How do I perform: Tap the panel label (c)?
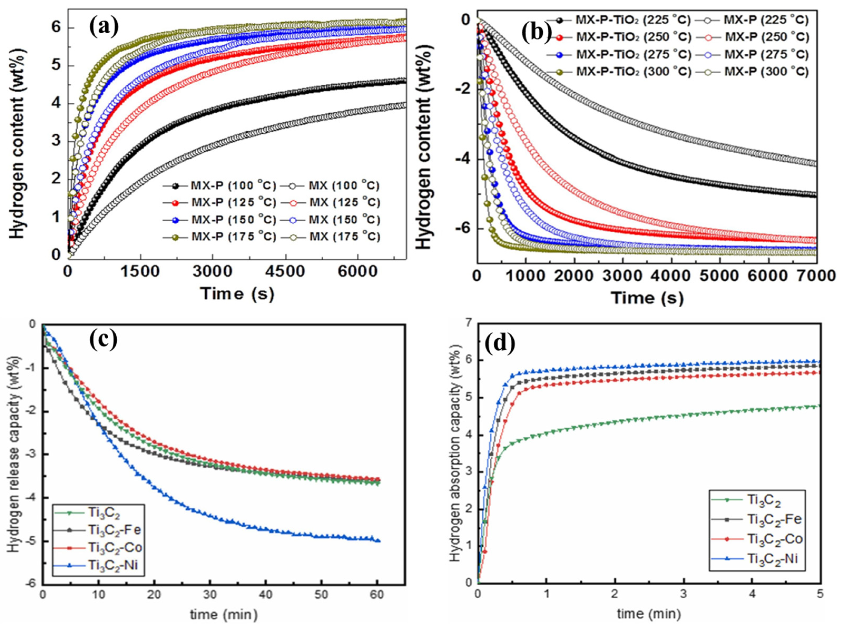[x=103, y=339]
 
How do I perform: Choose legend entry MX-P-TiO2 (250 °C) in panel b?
[x=633, y=37]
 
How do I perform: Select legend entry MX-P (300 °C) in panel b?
[x=766, y=71]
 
